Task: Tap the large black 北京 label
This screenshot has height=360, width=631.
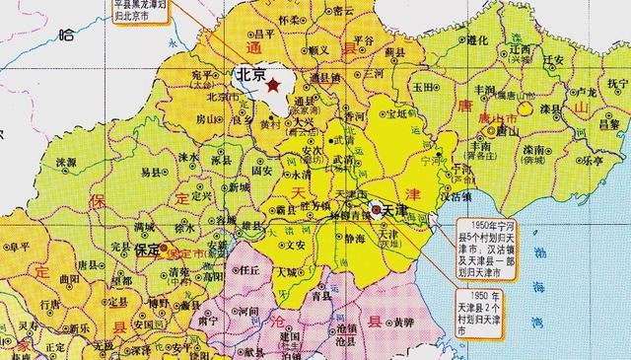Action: pyautogui.click(x=251, y=74)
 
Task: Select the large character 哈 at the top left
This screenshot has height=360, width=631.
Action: pyautogui.click(x=66, y=36)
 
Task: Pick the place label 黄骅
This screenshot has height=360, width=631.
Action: pyautogui.click(x=398, y=322)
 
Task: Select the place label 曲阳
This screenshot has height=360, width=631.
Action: pyautogui.click(x=68, y=280)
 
